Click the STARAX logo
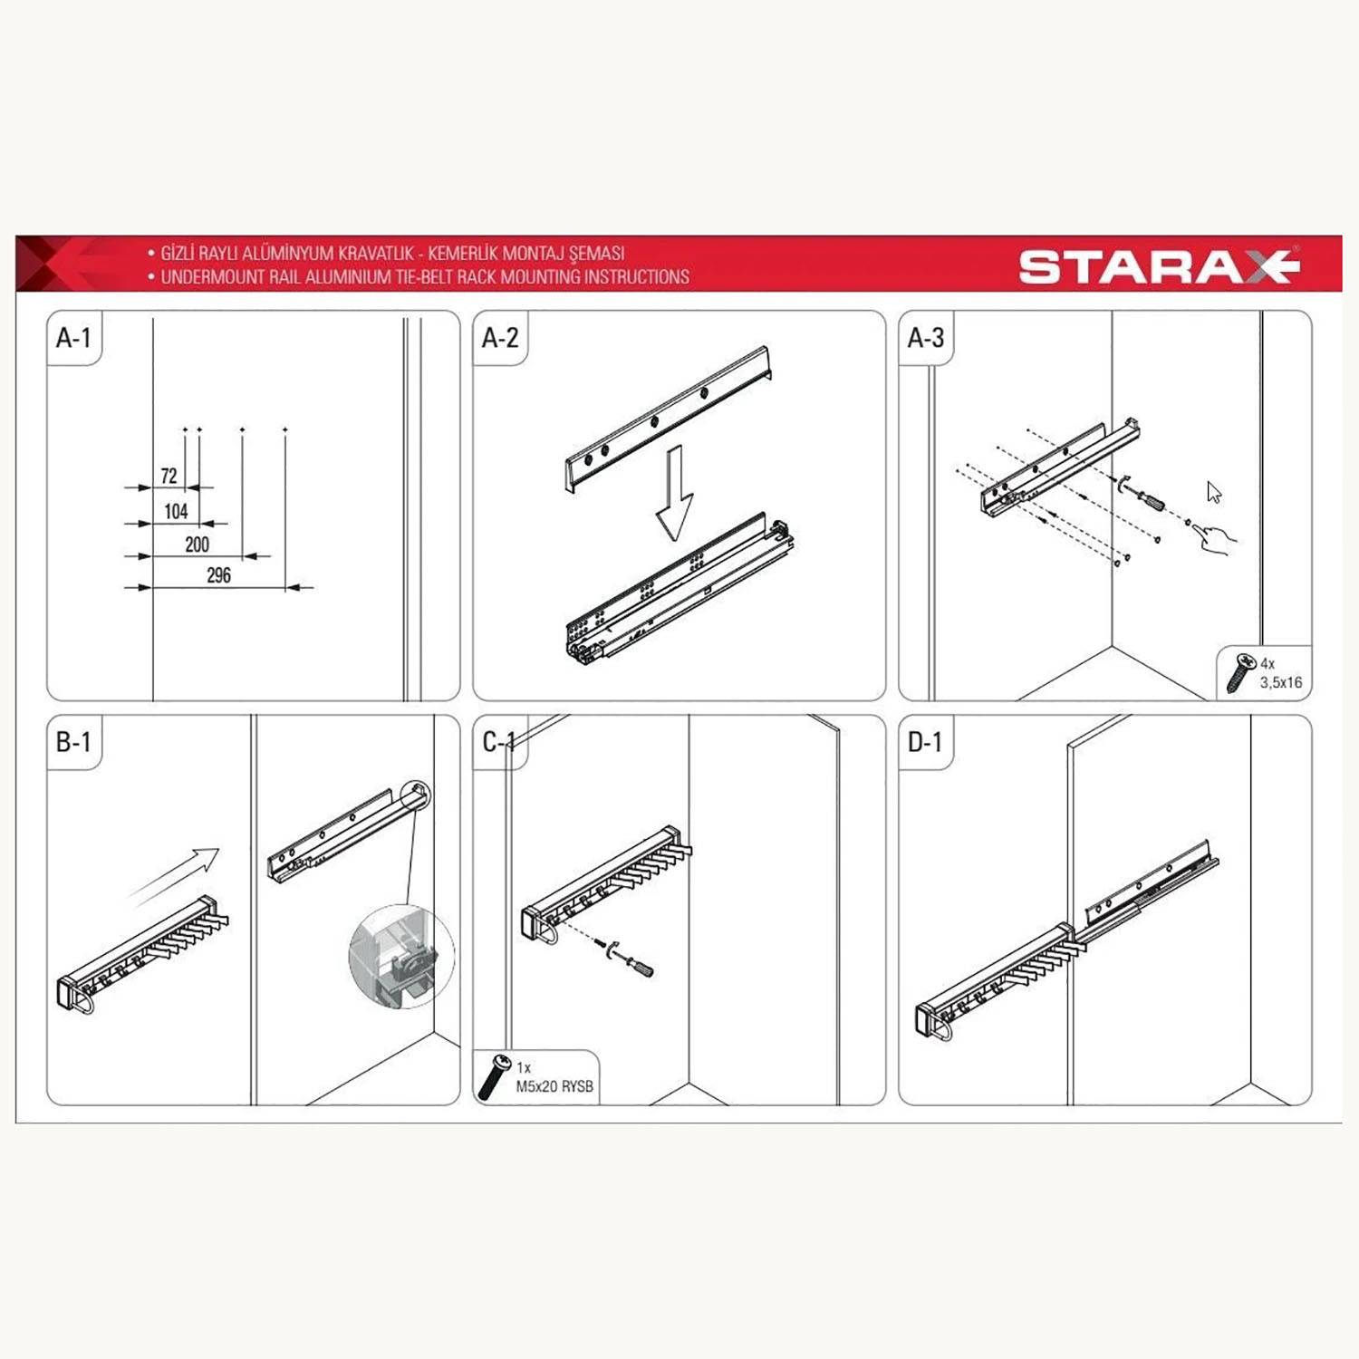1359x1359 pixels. coord(1160,266)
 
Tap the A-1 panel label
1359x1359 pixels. coord(73,338)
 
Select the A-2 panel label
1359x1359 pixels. coord(500,338)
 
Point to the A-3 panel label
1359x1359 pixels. coord(926,338)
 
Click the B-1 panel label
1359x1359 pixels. coord(73,742)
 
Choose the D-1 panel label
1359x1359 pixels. coord(925,742)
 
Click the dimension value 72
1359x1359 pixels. coord(169,476)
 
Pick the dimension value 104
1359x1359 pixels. coord(176,511)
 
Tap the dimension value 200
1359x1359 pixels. coord(197,544)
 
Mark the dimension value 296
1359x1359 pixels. coord(218,575)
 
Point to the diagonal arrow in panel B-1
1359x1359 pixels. coord(174,875)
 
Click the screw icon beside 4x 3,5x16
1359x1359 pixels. coord(1239,674)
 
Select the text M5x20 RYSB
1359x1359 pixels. coord(554,1086)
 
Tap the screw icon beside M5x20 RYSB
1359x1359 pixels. coord(494,1078)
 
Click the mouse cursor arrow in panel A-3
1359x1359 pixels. coord(1214,492)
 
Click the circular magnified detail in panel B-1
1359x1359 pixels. coord(401,957)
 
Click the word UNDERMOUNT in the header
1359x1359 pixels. coord(206,277)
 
